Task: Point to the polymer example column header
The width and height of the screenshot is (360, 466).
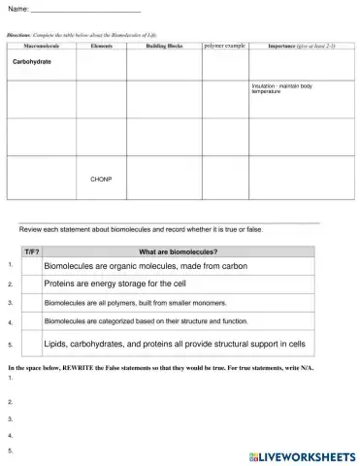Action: click(225, 45)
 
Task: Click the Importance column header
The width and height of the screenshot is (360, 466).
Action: click(301, 46)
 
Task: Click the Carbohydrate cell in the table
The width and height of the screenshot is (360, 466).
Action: click(32, 61)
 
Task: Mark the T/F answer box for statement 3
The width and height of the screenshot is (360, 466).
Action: click(31, 303)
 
